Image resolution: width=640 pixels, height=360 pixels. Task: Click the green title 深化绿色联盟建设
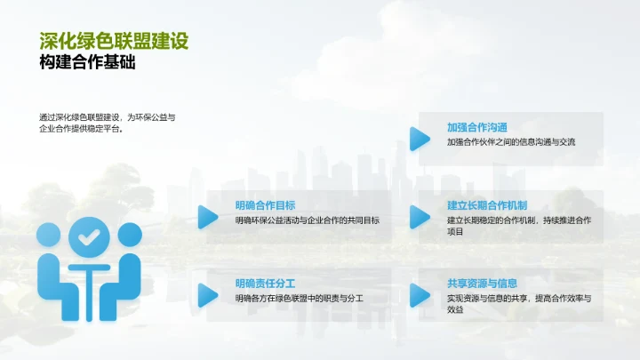pyautogui.click(x=114, y=41)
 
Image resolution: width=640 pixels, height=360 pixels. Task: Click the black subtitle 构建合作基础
pyautogui.click(x=87, y=64)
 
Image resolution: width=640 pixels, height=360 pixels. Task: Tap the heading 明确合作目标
pyautogui.click(x=266, y=204)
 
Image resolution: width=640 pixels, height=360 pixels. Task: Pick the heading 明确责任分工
pyautogui.click(x=266, y=284)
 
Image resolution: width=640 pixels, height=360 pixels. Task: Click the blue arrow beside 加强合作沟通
pyautogui.click(x=420, y=138)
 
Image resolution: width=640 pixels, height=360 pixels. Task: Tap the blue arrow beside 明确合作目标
pyautogui.click(x=208, y=216)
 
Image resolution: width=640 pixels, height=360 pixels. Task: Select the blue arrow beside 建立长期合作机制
pyautogui.click(x=420, y=216)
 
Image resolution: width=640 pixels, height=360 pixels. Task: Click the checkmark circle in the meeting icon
pyautogui.click(x=88, y=237)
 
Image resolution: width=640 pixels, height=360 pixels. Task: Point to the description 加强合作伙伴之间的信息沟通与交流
pyautogui.click(x=511, y=142)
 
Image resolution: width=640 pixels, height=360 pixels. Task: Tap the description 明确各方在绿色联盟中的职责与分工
pyautogui.click(x=300, y=299)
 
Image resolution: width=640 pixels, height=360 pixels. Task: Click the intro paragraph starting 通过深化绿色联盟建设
pyautogui.click(x=108, y=123)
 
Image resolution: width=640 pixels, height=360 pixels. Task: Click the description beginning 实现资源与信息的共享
pyautogui.click(x=519, y=304)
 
